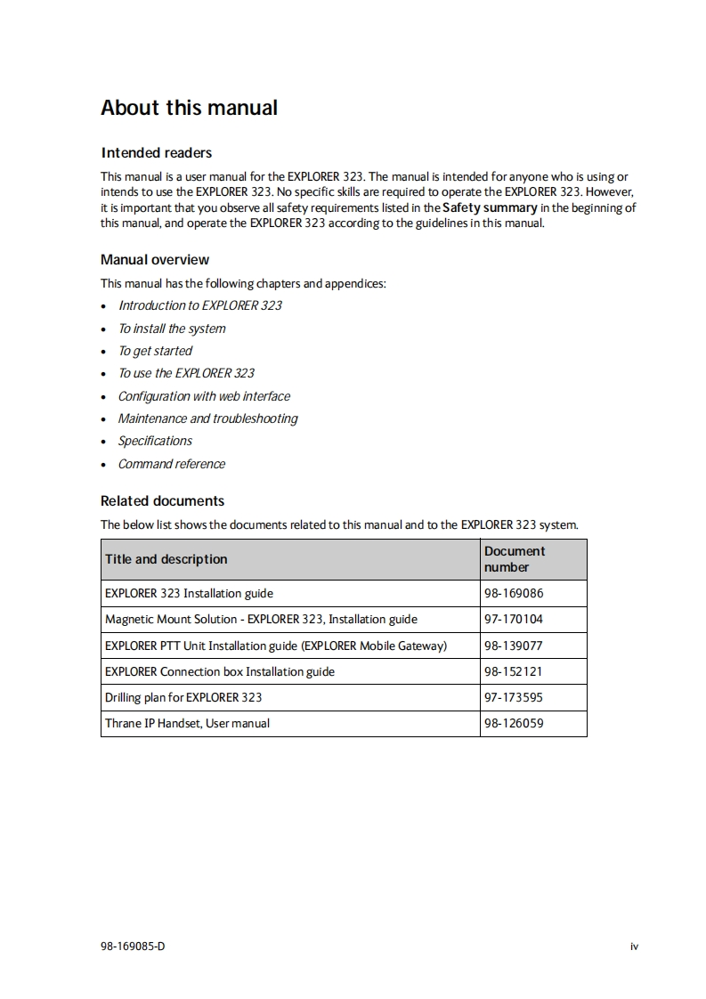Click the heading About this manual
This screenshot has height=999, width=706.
(x=189, y=108)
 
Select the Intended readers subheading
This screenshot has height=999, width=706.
(x=156, y=152)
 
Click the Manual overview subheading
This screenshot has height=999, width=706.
(x=155, y=260)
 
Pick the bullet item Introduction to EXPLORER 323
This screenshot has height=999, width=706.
(x=200, y=305)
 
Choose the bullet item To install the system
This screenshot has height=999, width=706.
(x=172, y=329)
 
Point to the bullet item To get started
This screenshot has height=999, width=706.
(x=155, y=351)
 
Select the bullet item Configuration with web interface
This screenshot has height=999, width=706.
(x=204, y=396)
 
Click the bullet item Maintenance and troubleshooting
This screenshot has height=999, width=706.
(x=207, y=418)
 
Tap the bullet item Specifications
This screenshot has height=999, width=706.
(x=155, y=441)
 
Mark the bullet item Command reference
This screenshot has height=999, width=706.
(x=172, y=464)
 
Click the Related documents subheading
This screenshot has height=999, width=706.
(x=162, y=500)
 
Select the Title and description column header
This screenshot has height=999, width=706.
(x=166, y=559)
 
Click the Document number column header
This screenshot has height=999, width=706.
(x=515, y=559)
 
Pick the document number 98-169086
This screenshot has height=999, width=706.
(x=514, y=593)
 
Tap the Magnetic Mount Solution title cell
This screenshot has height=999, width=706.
(x=261, y=619)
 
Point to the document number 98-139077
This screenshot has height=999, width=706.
(x=514, y=646)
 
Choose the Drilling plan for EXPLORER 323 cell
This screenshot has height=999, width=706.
(x=183, y=697)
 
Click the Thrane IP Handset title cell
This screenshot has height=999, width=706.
(x=187, y=723)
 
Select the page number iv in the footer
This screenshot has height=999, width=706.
(x=634, y=946)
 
